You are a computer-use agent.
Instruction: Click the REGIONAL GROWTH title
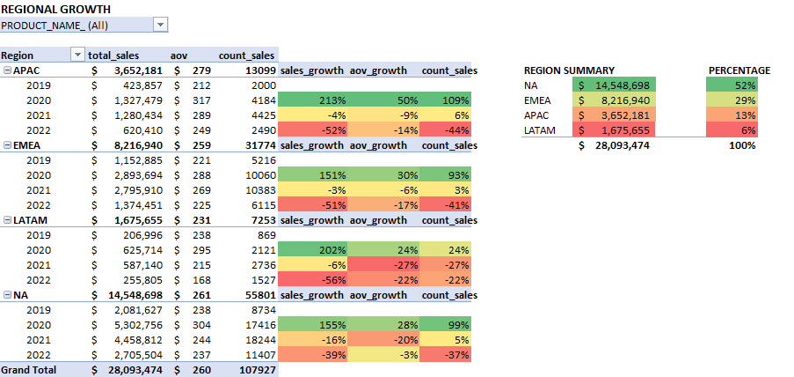[56, 10]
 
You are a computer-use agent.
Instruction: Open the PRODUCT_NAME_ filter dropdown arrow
[160, 26]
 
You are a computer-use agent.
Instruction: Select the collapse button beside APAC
[7, 70]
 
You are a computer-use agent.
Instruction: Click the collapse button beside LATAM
[7, 220]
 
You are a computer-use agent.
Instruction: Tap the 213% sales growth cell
[312, 100]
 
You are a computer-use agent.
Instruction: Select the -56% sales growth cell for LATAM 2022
[312, 280]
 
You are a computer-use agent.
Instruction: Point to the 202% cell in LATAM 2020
[312, 250]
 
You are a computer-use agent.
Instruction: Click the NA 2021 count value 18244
[259, 340]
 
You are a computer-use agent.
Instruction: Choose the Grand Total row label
[29, 370]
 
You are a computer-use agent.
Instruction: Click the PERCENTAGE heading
[739, 70]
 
